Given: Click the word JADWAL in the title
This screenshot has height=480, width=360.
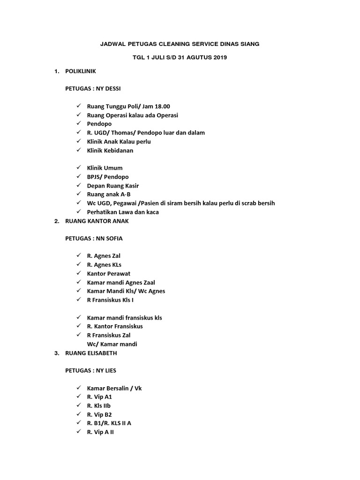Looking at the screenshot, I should click(113, 44).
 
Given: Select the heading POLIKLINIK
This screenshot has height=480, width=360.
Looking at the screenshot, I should click(81, 71).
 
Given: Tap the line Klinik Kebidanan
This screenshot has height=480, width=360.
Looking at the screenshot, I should click(110, 150).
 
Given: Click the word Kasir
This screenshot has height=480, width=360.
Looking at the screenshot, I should click(131, 186).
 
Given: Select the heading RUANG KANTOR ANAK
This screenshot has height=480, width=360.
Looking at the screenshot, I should click(97, 221).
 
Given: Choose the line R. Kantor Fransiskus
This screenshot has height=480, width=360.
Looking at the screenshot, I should click(115, 326).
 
